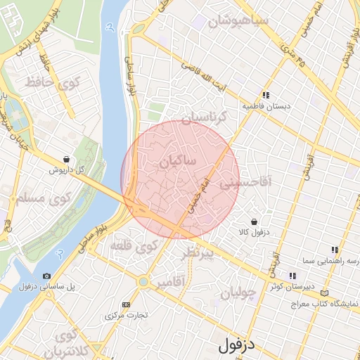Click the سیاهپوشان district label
coord(244,22)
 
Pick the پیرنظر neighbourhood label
coord(198,254)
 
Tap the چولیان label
coord(235,295)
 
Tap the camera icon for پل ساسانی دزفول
coord(46,276)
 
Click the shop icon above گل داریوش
coord(66,160)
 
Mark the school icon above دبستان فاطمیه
coord(266,95)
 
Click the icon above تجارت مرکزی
coord(126,304)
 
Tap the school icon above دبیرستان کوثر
coord(291,276)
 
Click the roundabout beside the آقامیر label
coord(143,282)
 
